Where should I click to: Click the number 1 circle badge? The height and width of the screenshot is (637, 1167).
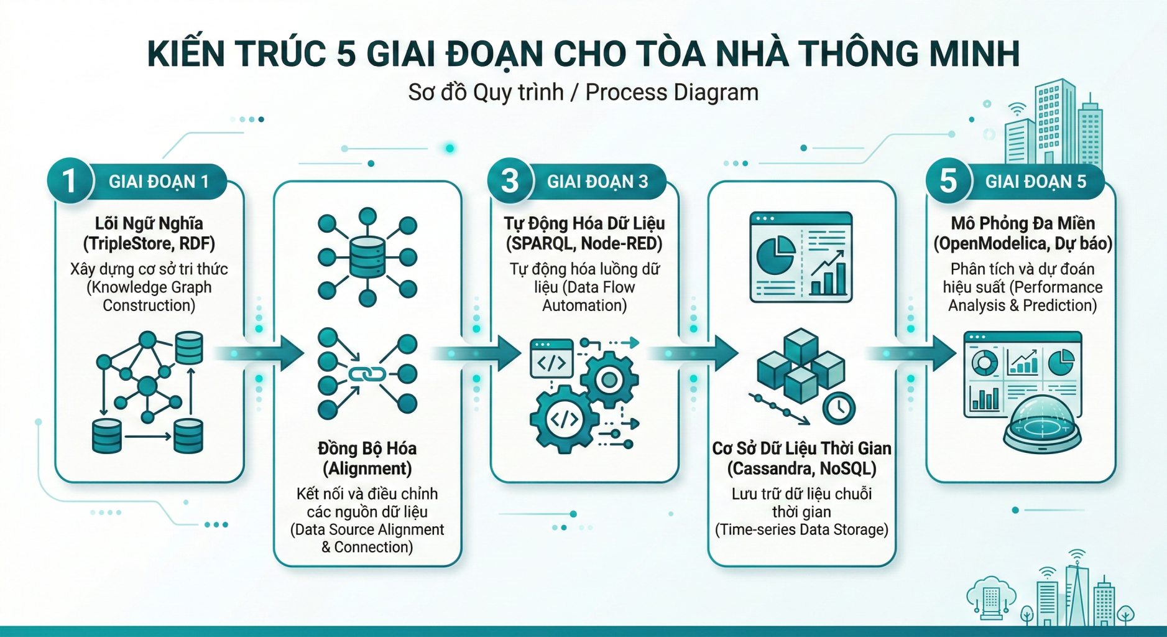coord(70,181)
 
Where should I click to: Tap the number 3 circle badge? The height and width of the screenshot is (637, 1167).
coord(510,181)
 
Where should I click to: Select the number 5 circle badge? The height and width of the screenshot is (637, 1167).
coord(948,181)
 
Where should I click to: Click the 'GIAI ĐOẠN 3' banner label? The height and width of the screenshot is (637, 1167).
coord(597,182)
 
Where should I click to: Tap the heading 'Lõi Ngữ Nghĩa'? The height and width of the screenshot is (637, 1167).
coord(149,223)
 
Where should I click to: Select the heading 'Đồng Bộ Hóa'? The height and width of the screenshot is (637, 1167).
coord(367,449)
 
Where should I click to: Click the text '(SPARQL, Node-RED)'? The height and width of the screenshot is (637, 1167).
coord(584,243)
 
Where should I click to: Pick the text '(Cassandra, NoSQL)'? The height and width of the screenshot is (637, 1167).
coord(801,468)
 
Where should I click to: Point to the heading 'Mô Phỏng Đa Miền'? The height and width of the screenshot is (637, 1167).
coord(1022,223)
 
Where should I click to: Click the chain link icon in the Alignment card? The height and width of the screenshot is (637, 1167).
coord(367,374)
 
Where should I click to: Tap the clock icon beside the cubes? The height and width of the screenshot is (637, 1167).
coord(839,408)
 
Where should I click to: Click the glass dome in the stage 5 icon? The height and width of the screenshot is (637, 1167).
coord(1042,421)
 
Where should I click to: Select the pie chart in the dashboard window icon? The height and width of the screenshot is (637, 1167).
coord(775,255)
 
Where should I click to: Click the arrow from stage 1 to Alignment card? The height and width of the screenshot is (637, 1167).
coord(261,353)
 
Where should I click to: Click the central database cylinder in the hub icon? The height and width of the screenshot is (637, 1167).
coord(367,256)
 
